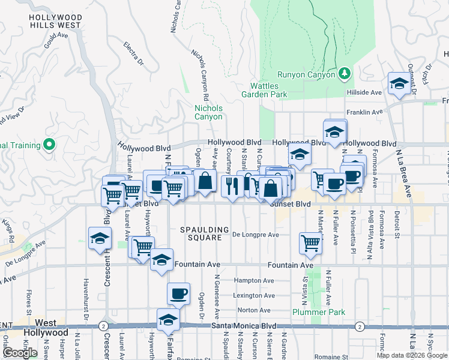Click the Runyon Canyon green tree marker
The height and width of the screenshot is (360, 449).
click(x=344, y=73)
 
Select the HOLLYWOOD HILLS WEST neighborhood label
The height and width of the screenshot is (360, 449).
click(x=55, y=22)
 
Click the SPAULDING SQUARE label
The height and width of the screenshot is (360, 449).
click(x=205, y=230)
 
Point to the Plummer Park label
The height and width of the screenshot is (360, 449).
click(x=319, y=312)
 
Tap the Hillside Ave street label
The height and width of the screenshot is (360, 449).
click(x=364, y=93)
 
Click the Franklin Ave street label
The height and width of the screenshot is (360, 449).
click(x=364, y=112)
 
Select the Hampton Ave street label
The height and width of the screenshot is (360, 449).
click(x=254, y=280)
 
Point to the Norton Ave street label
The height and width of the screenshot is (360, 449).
click(x=254, y=310)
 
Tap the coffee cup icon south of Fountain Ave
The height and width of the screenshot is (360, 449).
click(x=178, y=293)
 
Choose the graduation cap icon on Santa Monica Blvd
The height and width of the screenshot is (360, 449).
click(x=168, y=319)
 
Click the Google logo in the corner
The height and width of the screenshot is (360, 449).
click(x=20, y=352)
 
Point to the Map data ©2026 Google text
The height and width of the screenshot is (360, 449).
click(x=412, y=355)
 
